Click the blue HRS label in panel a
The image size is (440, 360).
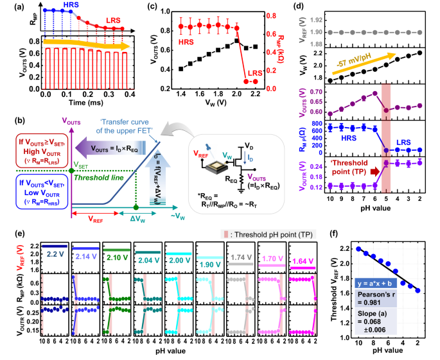pyautogui.click(x=71, y=4)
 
